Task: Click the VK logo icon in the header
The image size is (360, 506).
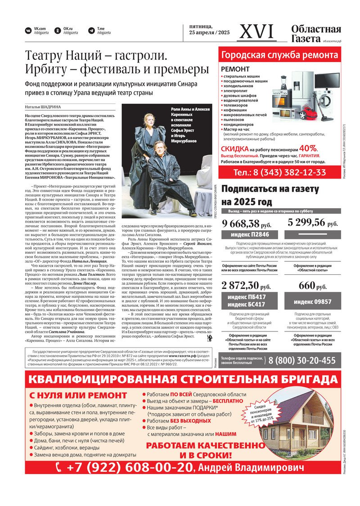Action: pos(28,31)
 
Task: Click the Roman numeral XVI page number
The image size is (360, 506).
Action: pos(257,31)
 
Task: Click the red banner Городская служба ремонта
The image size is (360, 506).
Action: pos(279,55)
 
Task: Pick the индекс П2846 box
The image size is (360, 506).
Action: pos(250,235)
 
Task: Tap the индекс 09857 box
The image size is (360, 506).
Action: pos(313,301)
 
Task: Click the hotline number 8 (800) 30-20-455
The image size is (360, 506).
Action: pos(302,360)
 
